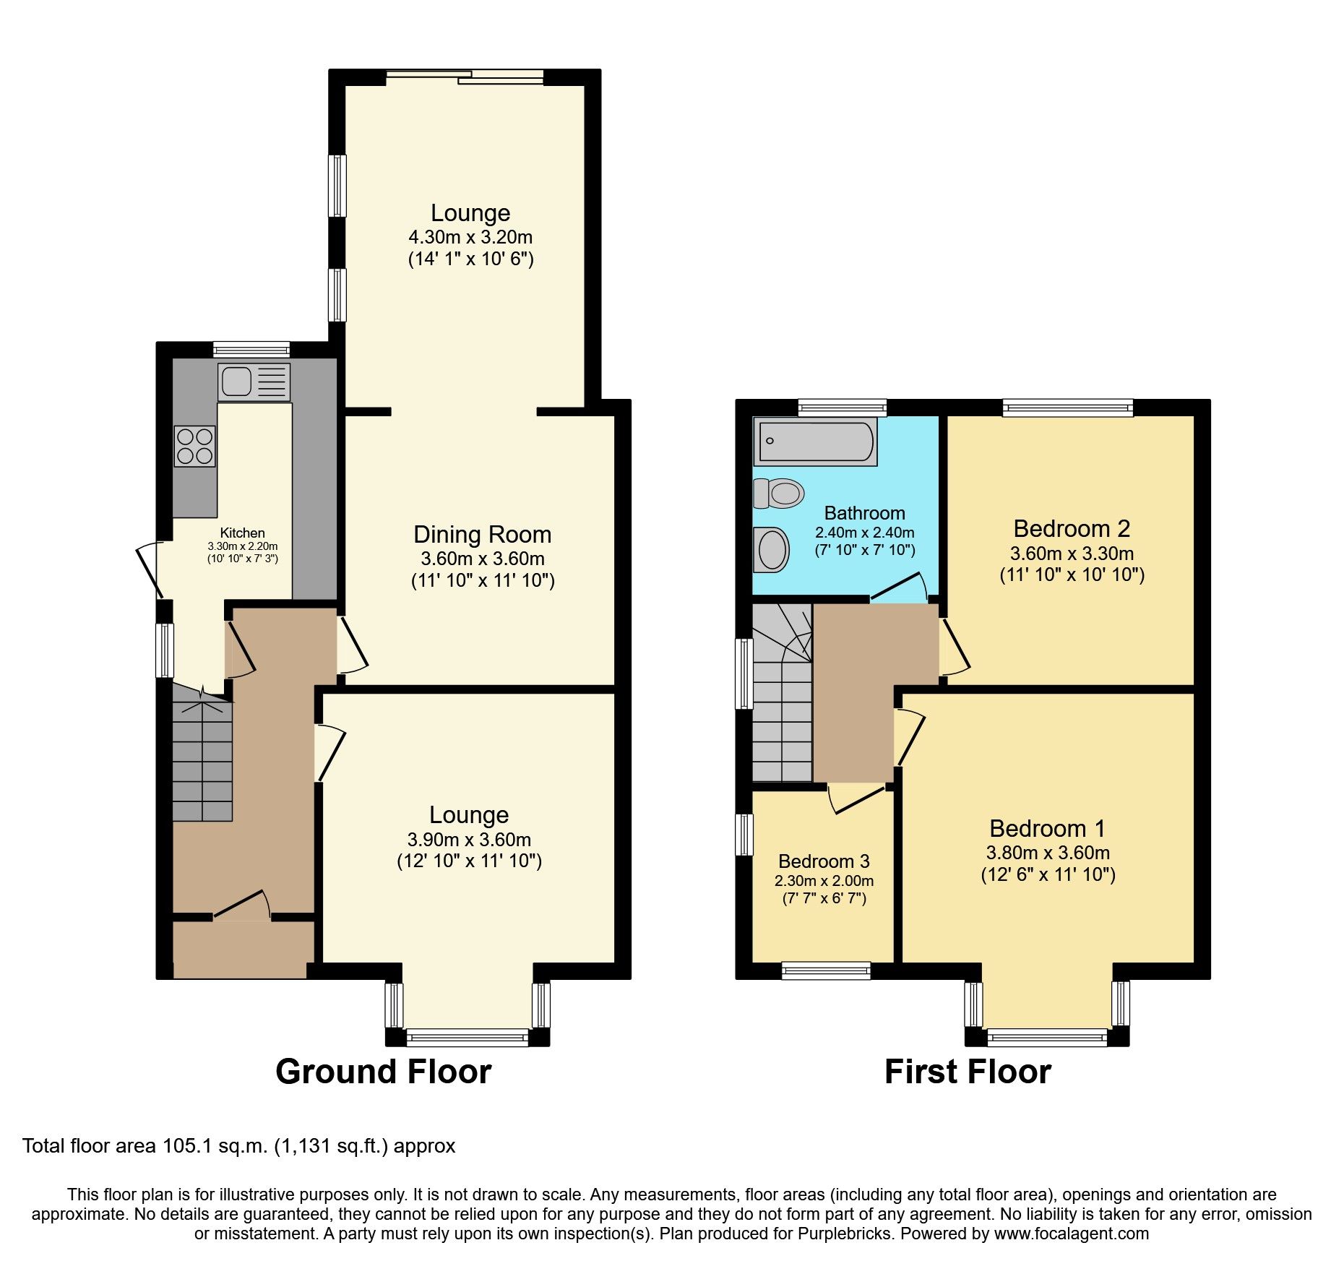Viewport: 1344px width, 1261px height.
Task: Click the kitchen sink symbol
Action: (253, 382)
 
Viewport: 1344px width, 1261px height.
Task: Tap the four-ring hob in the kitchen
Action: (194, 446)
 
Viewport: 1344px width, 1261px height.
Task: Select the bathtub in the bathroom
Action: (815, 441)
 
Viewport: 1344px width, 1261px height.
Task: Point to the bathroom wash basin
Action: (772, 550)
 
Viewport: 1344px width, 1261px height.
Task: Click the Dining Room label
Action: (482, 535)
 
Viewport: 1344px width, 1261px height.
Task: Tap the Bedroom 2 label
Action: (1071, 529)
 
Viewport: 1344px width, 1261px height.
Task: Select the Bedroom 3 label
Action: (823, 861)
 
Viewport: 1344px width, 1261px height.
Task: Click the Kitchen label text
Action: (242, 533)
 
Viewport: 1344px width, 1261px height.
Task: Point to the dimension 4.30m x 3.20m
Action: (470, 237)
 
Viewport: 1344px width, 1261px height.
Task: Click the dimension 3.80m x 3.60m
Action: (1048, 853)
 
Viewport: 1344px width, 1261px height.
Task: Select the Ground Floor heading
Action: (383, 1072)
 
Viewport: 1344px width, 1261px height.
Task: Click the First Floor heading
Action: (968, 1072)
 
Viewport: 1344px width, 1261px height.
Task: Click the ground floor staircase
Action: (202, 759)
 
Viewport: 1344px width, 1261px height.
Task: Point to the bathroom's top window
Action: (842, 407)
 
